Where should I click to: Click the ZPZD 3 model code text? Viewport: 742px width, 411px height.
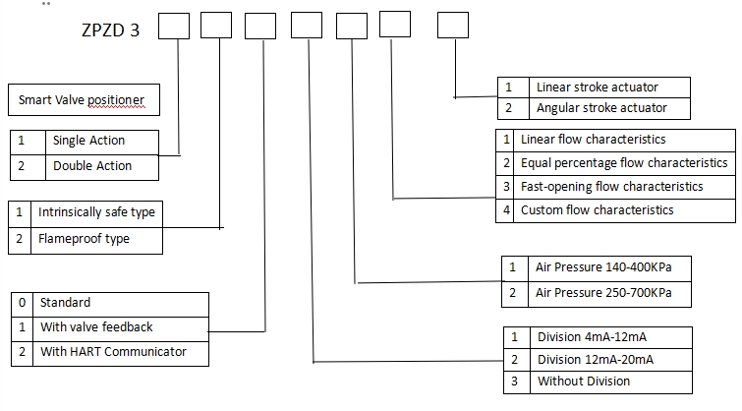(x=110, y=29)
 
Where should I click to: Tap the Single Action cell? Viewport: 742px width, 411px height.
(x=88, y=141)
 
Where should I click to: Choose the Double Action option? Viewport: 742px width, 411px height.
(x=92, y=165)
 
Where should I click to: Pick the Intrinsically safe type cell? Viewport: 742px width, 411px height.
(x=96, y=211)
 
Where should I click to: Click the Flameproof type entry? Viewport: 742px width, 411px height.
(x=84, y=238)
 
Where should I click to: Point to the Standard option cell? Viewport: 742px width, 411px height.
(x=65, y=302)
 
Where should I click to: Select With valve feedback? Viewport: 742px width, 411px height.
(x=96, y=326)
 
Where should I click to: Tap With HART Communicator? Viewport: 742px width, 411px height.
(x=113, y=351)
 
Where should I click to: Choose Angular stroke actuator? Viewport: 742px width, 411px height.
(x=600, y=107)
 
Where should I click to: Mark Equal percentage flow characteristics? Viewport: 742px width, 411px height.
(x=624, y=162)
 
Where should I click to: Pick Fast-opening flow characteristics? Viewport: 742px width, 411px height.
(x=611, y=186)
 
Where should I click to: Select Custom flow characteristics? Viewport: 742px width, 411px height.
(x=597, y=209)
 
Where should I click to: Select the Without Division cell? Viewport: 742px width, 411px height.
(x=584, y=381)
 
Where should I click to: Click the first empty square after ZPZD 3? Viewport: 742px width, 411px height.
(x=174, y=26)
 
